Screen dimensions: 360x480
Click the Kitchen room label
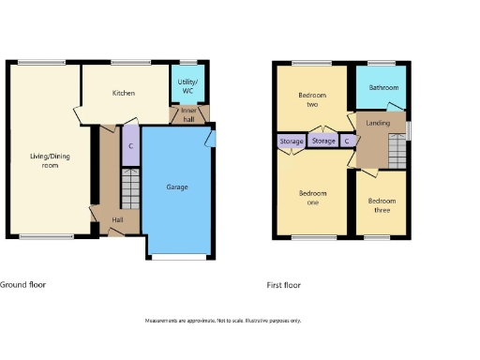point(124,93)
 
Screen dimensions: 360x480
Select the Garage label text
point(177,187)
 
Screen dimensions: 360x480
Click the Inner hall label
point(188,114)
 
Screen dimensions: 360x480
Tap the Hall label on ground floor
point(118,220)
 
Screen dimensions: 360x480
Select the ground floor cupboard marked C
point(130,145)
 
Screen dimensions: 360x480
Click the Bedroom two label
point(310,99)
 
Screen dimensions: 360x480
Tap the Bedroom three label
point(382,205)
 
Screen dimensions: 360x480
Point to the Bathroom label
point(383,88)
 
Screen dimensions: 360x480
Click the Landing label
point(378,123)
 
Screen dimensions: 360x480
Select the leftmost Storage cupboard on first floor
point(292,142)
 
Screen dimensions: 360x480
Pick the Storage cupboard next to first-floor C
point(323,141)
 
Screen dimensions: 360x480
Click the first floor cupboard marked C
point(347,142)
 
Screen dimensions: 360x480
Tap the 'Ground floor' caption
point(22,284)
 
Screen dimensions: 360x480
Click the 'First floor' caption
point(283,285)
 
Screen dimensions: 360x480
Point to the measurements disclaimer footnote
point(223,321)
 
